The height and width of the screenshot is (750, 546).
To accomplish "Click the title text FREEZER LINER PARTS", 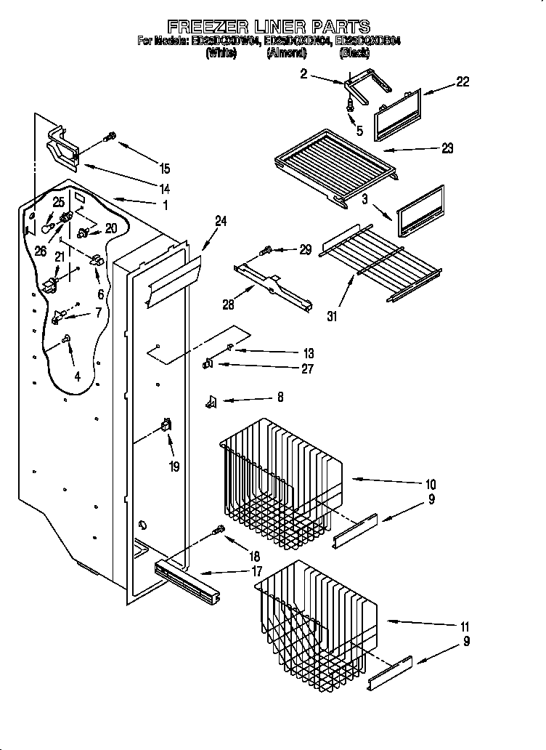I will coord(268,28).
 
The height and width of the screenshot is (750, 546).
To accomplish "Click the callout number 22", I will coord(462,82).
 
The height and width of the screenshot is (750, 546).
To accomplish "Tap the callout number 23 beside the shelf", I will coord(447,148).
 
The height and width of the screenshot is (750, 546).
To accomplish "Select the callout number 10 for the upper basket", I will coord(430,484).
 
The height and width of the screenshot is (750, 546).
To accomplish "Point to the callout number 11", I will coord(465,626).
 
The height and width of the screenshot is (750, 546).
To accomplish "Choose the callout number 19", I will coord(174,467).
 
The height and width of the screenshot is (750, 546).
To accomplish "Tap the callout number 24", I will coord(221,221).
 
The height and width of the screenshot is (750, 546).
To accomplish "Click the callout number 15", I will coord(165,169).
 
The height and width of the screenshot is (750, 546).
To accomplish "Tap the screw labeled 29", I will coord(266,251).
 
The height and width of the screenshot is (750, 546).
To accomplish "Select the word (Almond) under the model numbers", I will coord(286,52).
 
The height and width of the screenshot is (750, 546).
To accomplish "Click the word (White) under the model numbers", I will coord(221,52).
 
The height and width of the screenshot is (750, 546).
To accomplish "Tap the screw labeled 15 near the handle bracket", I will coord(112,136).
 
